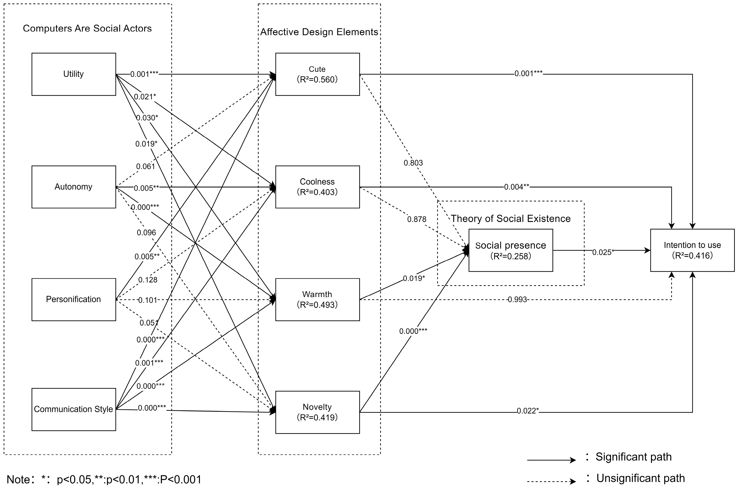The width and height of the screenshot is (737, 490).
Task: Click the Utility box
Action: pos(74,74)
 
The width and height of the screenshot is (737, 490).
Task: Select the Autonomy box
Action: pos(74,187)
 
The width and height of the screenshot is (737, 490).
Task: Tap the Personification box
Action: pos(74,299)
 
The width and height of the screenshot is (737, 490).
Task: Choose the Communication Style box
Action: pos(74,409)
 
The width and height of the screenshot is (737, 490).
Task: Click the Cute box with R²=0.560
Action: pos(317,74)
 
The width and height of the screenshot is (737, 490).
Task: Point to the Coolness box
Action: pos(317,187)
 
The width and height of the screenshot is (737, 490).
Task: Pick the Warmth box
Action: pos(317,299)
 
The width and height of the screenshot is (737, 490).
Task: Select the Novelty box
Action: pos(317,412)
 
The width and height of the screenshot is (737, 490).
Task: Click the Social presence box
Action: pos(511,250)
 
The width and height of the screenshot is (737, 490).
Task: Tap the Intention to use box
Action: pos(692,250)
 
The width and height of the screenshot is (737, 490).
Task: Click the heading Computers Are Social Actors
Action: pos(87,28)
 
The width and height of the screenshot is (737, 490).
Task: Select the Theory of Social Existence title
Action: pos(511,218)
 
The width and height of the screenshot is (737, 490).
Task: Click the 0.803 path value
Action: pos(413,163)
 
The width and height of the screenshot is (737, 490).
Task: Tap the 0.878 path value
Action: pos(417,219)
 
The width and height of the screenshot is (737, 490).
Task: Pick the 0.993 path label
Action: pos(517,300)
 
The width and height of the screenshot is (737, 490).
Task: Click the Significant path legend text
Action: pos(633,457)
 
